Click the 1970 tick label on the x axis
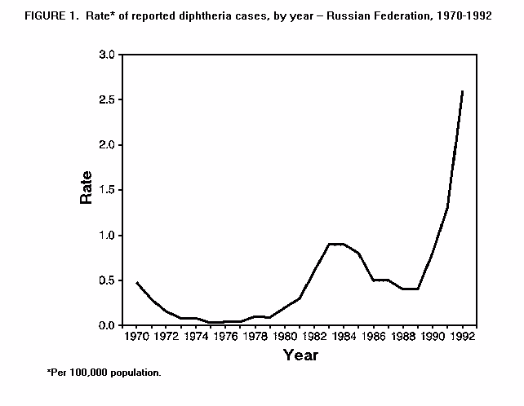click(137, 335)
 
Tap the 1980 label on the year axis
click(285, 335)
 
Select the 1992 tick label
click(463, 335)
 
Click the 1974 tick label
click(196, 335)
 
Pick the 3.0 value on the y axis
click(108, 55)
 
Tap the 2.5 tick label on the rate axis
click(108, 99)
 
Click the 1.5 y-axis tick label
click(108, 190)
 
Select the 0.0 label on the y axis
click(108, 325)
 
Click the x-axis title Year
click(300, 355)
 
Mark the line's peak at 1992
click(463, 90)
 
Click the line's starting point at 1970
click(137, 282)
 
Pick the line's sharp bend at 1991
click(448, 207)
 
